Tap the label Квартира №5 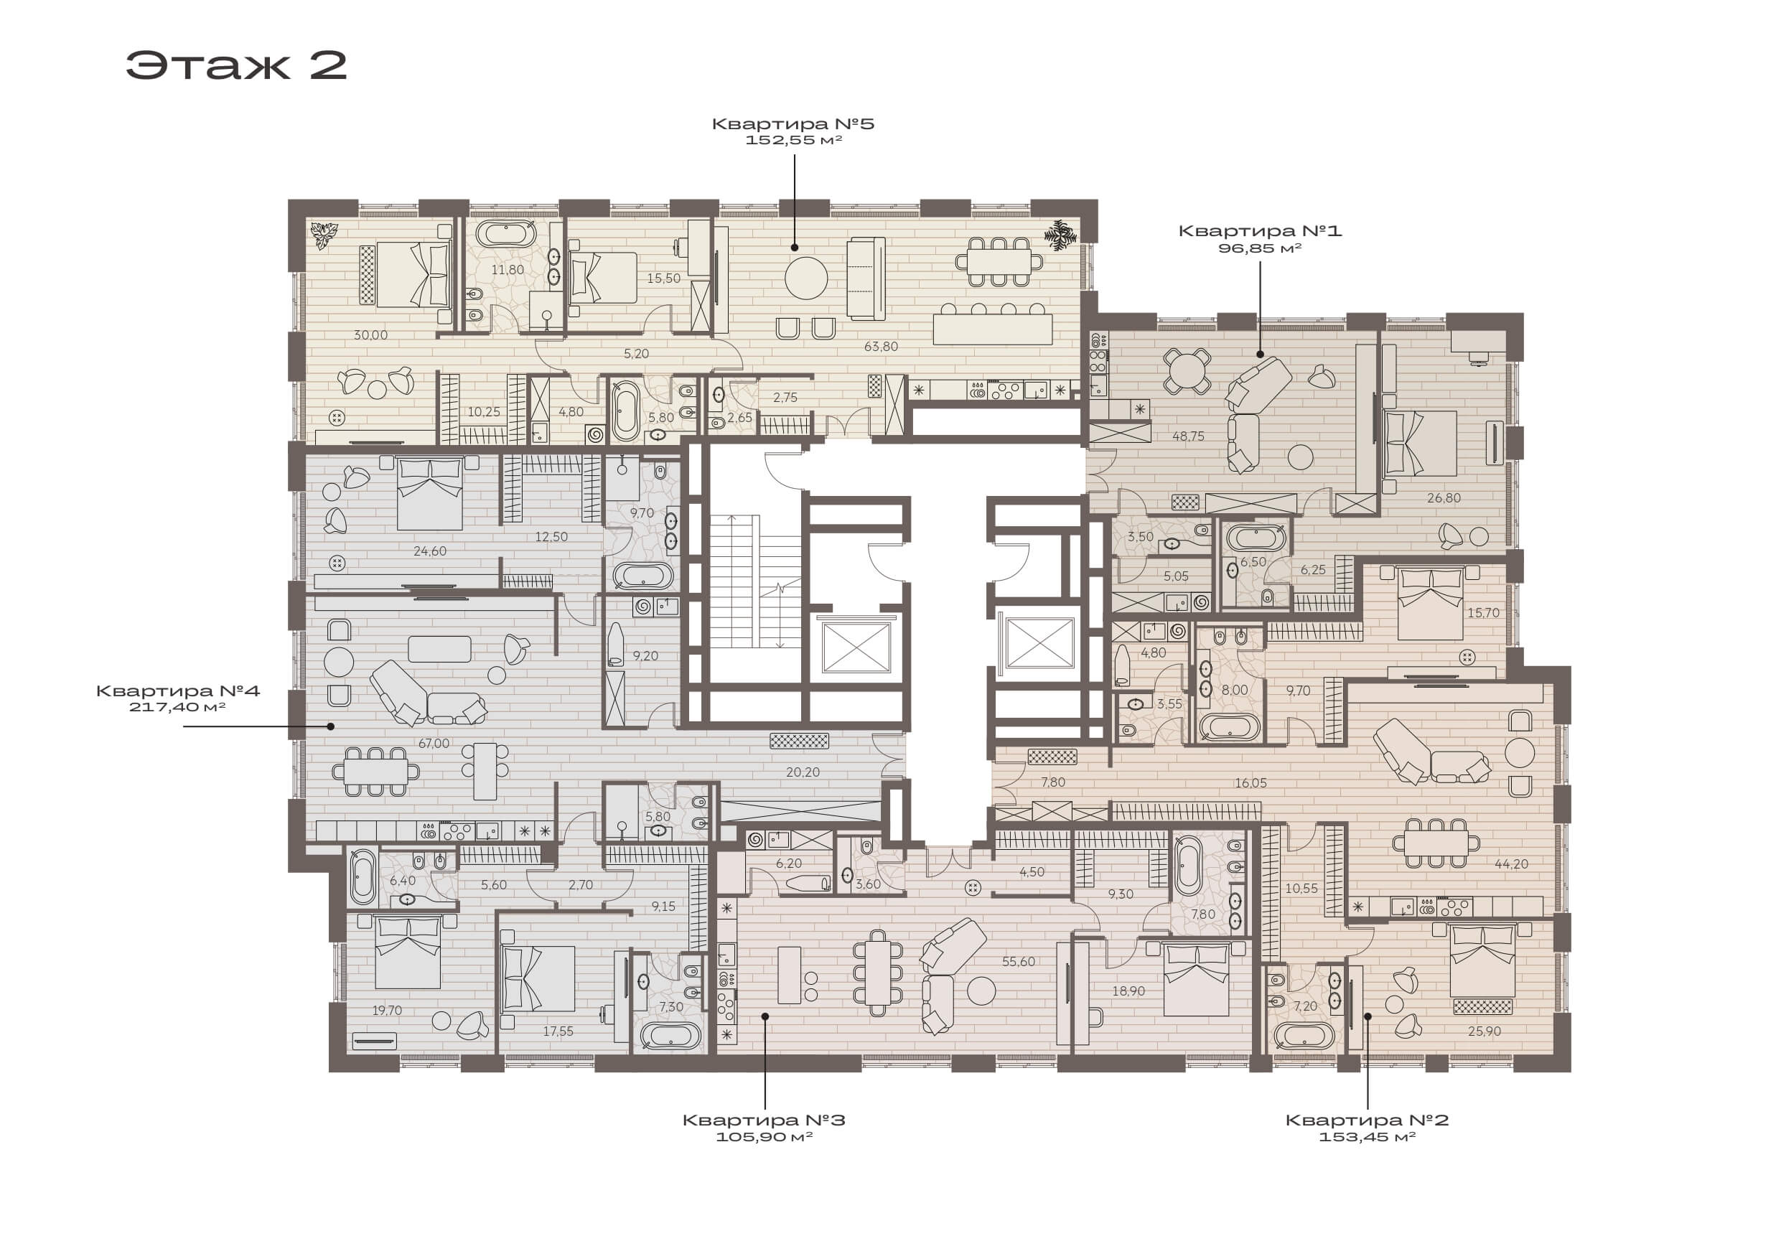coord(793,123)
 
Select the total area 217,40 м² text coord(177,707)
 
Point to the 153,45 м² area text coord(1367,1136)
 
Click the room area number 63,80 coord(882,346)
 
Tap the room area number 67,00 coord(434,743)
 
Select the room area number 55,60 coord(1019,961)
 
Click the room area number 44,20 coord(1511,863)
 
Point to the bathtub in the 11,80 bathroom coord(506,233)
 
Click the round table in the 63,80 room coord(806,278)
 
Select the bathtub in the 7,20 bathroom coord(1305,1036)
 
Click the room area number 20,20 coord(802,772)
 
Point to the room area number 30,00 coord(371,335)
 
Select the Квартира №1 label coord(1260,230)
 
